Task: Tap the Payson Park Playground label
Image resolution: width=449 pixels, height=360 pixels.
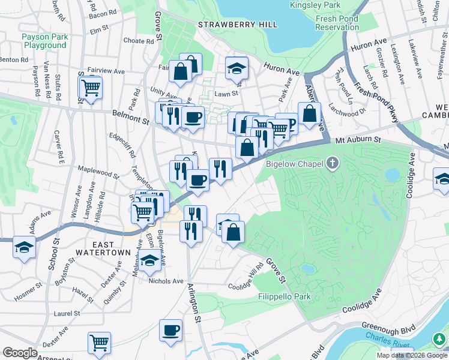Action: click(x=44, y=41)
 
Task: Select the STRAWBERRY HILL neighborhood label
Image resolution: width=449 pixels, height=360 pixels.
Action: click(x=238, y=25)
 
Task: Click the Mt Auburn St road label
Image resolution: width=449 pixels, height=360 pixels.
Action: click(x=359, y=140)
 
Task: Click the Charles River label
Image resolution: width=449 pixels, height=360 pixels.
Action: click(x=409, y=345)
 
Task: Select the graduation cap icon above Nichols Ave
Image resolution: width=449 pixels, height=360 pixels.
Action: click(x=150, y=260)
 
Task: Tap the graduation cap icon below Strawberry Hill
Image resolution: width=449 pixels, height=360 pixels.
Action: click(x=237, y=68)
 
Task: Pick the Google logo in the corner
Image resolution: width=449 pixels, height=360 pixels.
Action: click(x=20, y=353)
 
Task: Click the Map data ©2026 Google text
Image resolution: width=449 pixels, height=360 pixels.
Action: click(x=412, y=355)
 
